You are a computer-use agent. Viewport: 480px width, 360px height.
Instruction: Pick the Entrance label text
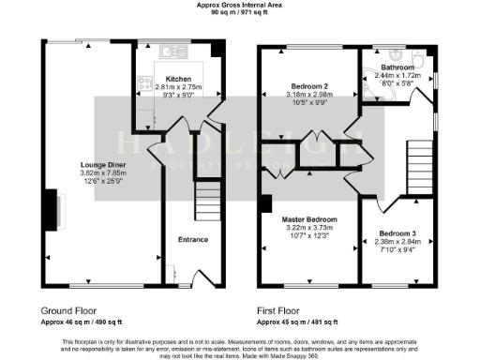click(193, 239)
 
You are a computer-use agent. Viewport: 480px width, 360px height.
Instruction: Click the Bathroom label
click(393, 67)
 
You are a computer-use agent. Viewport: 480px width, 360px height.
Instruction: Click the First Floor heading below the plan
click(284, 308)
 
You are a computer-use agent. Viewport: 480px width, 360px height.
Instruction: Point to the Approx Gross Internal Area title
click(240, 5)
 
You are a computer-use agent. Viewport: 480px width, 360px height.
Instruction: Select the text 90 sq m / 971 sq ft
click(240, 13)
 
